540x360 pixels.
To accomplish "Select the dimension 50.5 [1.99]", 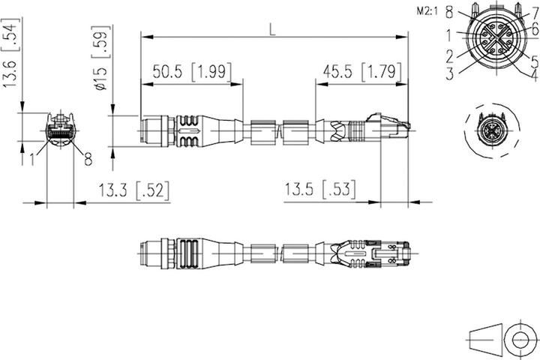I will point(192,72).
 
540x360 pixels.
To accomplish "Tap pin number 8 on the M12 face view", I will point(448,12).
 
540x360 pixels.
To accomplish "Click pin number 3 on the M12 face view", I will point(448,73).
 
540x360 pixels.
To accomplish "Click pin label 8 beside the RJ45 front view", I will point(88,158).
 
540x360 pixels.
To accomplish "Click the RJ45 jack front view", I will point(59,130).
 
